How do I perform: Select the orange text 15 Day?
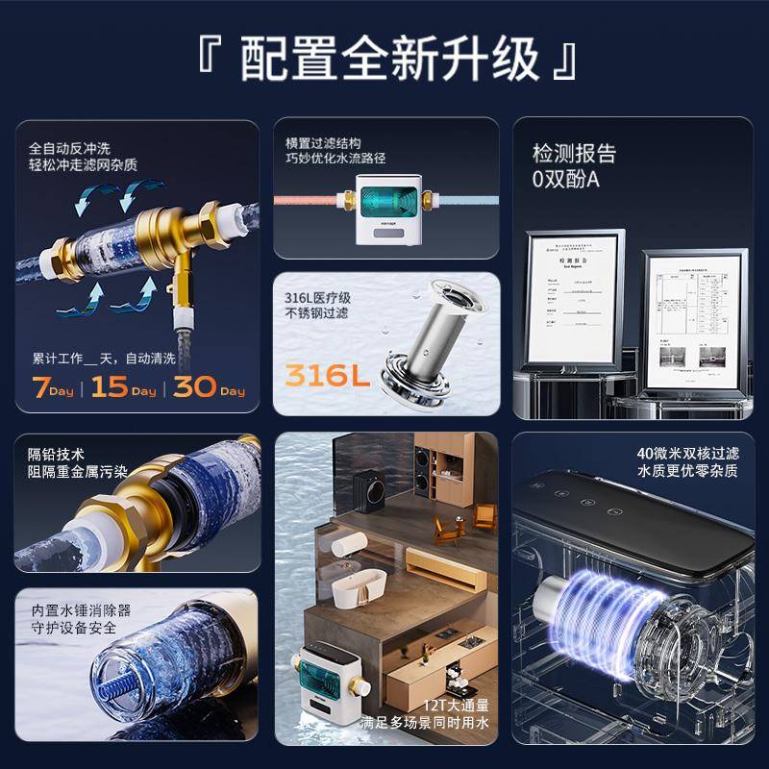[126, 388]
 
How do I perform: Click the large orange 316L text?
[327, 375]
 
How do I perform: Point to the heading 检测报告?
[574, 154]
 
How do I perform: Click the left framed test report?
[574, 298]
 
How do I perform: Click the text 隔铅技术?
[57, 455]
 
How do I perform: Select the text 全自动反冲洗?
[69, 148]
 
